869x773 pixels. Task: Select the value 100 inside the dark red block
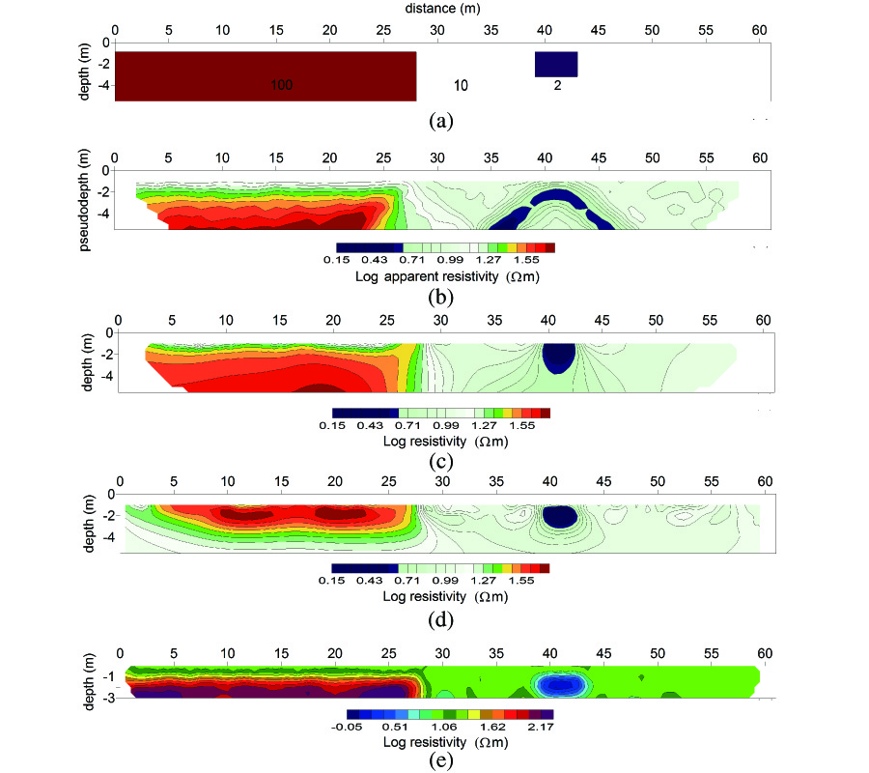(281, 86)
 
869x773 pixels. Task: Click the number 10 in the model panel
(461, 86)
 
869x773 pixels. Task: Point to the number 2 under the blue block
(557, 86)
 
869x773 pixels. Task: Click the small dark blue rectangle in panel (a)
(556, 64)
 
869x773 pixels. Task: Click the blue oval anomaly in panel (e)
(561, 684)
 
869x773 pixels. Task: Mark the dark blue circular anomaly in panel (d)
(560, 516)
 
